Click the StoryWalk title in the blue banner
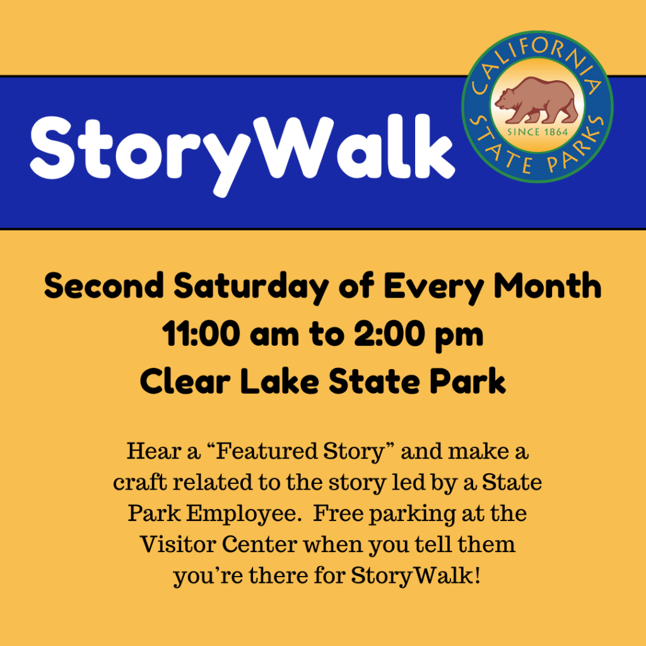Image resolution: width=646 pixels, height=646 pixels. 242,154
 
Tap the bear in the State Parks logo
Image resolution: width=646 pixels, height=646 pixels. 537,101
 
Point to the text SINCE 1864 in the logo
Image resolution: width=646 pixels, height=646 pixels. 537,132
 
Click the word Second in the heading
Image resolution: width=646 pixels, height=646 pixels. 104,286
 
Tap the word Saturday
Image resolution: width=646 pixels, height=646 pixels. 251,288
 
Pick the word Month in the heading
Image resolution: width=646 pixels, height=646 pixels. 548,286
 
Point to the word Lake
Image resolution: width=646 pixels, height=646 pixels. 279,381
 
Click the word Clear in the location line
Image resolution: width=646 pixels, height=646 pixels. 185,381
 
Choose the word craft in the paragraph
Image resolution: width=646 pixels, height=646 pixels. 140,482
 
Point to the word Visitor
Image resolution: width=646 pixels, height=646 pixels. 177,544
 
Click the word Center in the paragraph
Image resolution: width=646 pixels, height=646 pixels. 259,544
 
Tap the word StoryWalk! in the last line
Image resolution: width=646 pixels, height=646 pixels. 416,576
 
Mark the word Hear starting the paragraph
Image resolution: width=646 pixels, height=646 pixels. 154,450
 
